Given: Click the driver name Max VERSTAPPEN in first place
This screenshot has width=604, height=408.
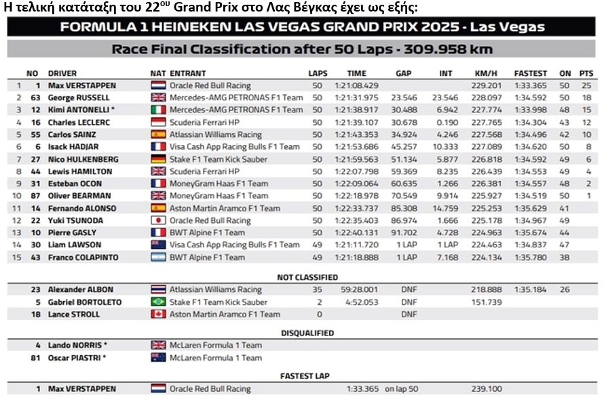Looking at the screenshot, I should pyautogui.click(x=81, y=85).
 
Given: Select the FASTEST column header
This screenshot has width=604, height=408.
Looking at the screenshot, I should pyautogui.click(x=530, y=73).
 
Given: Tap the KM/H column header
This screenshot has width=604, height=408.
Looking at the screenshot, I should pyautogui.click(x=484, y=73).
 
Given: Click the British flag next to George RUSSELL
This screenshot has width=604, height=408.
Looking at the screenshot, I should pyautogui.click(x=158, y=98).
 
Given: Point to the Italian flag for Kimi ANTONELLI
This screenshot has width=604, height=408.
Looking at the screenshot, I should pyautogui.click(x=158, y=110).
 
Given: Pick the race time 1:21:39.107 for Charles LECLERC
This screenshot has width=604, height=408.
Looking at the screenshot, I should pyautogui.click(x=356, y=123).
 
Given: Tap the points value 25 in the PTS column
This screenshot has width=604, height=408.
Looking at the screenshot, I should pyautogui.click(x=586, y=85).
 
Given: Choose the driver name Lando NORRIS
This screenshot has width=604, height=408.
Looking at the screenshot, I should pyautogui.click(x=77, y=345).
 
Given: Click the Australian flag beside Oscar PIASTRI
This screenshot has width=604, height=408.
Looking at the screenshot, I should pyautogui.click(x=158, y=357).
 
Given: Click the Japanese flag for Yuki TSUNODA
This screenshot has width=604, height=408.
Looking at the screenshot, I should pyautogui.click(x=158, y=220).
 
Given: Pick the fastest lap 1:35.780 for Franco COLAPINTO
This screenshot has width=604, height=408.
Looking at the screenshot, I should pyautogui.click(x=530, y=258).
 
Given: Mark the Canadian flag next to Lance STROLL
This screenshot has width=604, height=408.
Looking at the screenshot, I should pyautogui.click(x=158, y=314).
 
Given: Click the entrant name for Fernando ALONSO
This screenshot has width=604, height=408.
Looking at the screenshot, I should pyautogui.click(x=225, y=208).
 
